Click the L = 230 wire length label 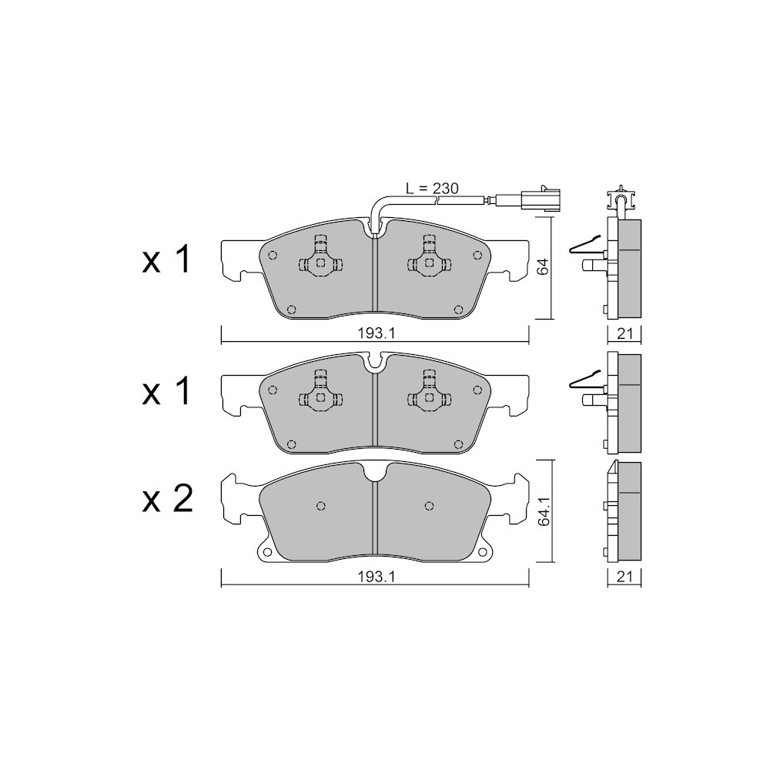pyautogui.click(x=432, y=189)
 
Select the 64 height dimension pyautogui.click(x=543, y=267)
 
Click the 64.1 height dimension pyautogui.click(x=543, y=512)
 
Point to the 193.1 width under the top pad pyautogui.click(x=377, y=333)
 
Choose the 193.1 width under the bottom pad pyautogui.click(x=377, y=577)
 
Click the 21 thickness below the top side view pyautogui.click(x=624, y=333)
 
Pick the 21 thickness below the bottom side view pyautogui.click(x=624, y=577)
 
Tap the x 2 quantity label pyautogui.click(x=167, y=500)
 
